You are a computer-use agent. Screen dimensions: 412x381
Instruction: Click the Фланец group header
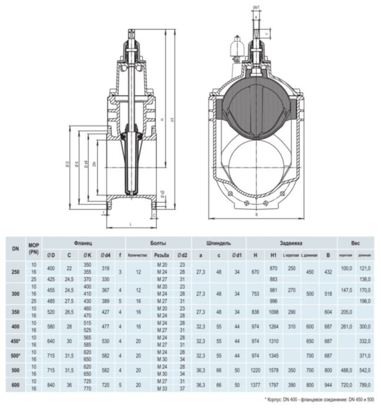pyautogui.click(x=83, y=243)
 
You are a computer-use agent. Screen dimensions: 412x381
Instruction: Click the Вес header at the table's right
pyautogui.click(x=356, y=243)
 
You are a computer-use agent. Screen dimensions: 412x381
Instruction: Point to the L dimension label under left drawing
pyautogui.click(x=129, y=224)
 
